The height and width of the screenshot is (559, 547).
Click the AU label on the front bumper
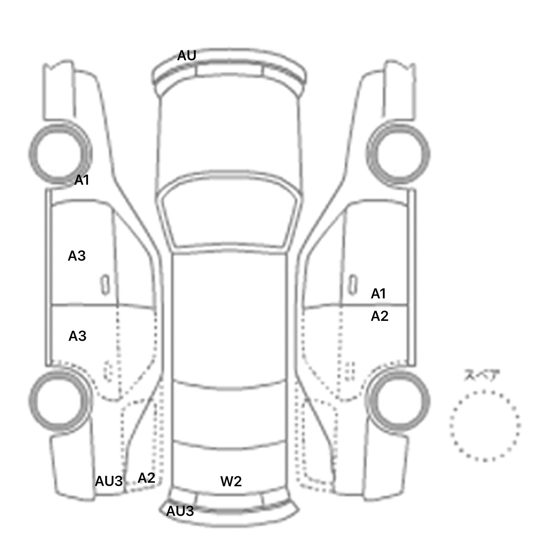tap(187, 56)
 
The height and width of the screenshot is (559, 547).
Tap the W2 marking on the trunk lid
tap(231, 481)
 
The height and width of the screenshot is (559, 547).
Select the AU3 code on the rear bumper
tap(180, 511)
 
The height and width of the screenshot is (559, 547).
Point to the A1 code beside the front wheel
tap(82, 180)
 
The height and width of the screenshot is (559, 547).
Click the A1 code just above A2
tap(379, 294)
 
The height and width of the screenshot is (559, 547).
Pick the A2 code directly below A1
tap(380, 316)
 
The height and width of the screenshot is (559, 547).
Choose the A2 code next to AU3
tap(146, 478)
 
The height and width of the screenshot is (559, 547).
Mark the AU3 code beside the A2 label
tap(109, 481)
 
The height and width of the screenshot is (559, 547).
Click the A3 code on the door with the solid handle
tap(77, 256)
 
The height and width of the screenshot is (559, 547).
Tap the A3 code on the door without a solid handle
tap(77, 336)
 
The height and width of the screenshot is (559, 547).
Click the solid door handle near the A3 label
tap(105, 284)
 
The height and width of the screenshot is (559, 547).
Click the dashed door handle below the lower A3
tap(108, 371)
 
